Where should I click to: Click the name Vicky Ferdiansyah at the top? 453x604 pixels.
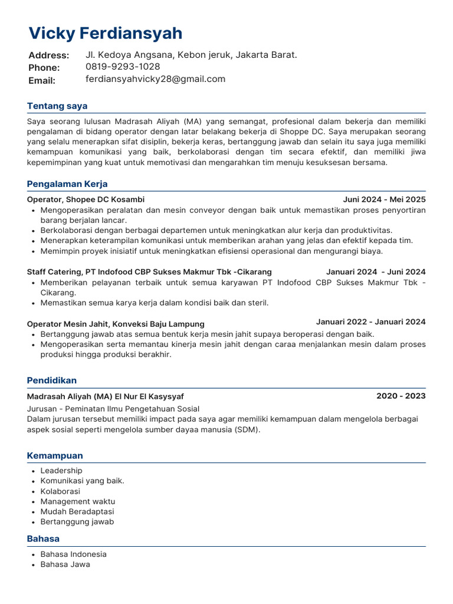point(106,33)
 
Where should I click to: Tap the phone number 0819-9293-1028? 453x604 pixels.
point(123,67)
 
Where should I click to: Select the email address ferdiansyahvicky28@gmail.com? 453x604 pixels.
point(156,79)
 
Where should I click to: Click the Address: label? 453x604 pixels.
point(49,55)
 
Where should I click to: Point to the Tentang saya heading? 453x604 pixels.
point(57,106)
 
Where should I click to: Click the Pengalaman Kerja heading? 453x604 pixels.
point(67,184)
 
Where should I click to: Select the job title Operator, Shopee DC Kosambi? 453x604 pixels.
point(86,199)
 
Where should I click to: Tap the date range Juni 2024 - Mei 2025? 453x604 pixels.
point(384,199)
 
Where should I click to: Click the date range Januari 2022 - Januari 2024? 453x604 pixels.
point(370,322)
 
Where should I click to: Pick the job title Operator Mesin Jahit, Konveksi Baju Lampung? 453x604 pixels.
point(116,324)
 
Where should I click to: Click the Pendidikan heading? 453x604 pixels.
point(52,380)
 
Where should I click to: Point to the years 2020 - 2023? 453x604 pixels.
point(401,396)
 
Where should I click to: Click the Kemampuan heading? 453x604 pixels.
point(55,456)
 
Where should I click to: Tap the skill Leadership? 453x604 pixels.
point(61,471)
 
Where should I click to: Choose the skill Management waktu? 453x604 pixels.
point(78,501)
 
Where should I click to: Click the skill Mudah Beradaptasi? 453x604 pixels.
point(77,511)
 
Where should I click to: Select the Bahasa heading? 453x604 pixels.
point(43,539)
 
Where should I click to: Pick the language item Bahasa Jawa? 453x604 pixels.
point(65,564)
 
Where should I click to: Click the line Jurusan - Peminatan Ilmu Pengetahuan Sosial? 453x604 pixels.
point(113,409)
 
